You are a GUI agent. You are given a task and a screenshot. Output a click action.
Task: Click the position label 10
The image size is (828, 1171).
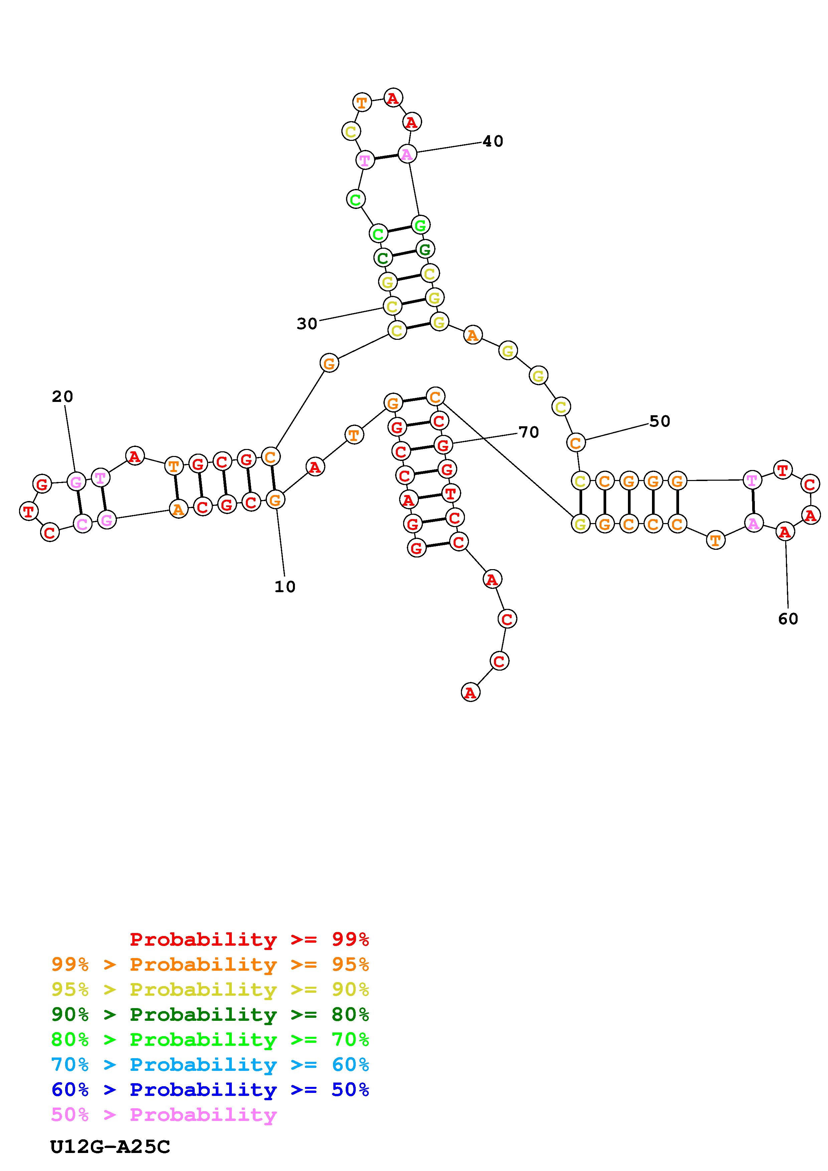click(285, 587)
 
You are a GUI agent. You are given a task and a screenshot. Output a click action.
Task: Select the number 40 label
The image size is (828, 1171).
click(493, 141)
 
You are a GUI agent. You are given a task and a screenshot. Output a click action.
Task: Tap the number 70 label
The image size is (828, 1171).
click(528, 433)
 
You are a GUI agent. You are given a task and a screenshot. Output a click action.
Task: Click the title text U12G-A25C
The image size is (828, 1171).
click(110, 1147)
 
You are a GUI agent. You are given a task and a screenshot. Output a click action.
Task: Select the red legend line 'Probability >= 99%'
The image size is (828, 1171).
click(250, 939)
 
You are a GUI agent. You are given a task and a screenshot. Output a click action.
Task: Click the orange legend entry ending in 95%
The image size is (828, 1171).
click(210, 964)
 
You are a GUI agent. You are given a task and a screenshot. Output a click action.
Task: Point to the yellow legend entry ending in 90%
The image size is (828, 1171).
click(210, 989)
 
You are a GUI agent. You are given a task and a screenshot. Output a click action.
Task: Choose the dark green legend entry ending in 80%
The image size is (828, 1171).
click(210, 1014)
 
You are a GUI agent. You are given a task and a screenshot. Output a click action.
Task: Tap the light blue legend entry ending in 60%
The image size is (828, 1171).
click(210, 1065)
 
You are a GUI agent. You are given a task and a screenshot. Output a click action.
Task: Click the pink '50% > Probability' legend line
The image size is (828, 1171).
click(164, 1114)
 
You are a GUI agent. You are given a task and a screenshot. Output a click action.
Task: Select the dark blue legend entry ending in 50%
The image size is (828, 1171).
click(210, 1090)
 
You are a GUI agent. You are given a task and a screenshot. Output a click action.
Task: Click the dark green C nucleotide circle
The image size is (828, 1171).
click(383, 258)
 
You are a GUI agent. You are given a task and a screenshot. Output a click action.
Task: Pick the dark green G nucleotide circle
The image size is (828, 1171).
click(425, 249)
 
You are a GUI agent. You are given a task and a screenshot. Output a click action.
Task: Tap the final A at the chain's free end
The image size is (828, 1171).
click(470, 693)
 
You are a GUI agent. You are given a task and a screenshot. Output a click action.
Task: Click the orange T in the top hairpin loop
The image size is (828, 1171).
click(362, 102)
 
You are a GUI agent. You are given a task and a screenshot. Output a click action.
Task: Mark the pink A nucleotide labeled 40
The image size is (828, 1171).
click(406, 154)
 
